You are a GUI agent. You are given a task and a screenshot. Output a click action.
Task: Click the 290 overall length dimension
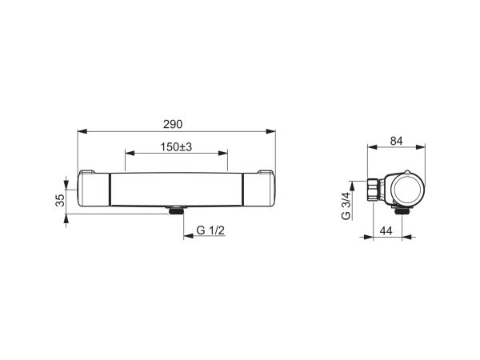tap(173, 124)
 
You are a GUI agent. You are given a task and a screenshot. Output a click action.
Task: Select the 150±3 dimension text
tap(176, 147)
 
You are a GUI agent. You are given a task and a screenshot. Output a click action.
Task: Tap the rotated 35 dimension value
tap(61, 200)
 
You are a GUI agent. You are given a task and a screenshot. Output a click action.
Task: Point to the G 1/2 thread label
tap(210, 230)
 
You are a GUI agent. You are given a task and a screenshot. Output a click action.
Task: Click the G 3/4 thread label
tap(346, 206)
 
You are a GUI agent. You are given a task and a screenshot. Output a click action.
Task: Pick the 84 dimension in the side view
tap(396, 141)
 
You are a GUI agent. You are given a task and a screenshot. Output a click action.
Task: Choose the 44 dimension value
tap(386, 230)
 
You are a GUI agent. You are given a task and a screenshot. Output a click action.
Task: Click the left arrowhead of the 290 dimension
tap(82, 131)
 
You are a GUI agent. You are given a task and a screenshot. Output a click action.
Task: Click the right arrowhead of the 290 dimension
tap(270, 131)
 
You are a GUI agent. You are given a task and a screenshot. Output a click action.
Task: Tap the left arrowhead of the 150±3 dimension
tap(130, 153)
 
